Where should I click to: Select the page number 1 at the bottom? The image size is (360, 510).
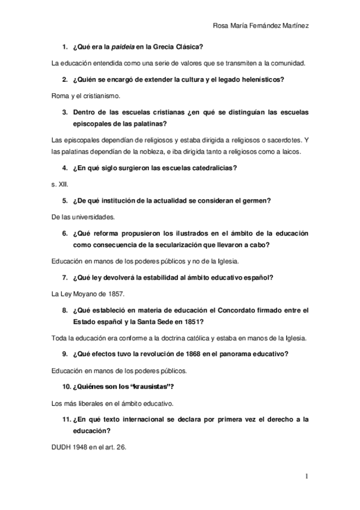[x=306, y=477]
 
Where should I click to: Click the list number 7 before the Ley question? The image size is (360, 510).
[x=64, y=277]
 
